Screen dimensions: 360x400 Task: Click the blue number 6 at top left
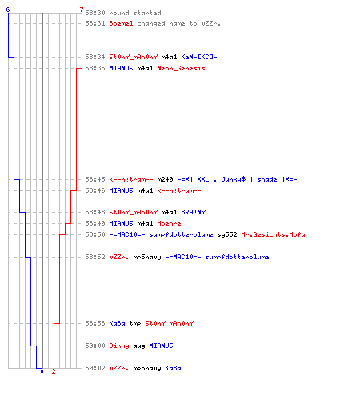pyautogui.click(x=8, y=10)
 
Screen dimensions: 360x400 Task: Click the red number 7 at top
pyautogui.click(x=82, y=10)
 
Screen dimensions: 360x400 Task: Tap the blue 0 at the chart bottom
pyautogui.click(x=42, y=371)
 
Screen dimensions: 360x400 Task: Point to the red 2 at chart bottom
pyautogui.click(x=54, y=371)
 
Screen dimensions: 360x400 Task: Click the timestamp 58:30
pyautogui.click(x=95, y=13)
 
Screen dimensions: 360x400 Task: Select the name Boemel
pyautogui.click(x=121, y=23)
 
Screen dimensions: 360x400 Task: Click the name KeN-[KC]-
pyautogui.click(x=199, y=57)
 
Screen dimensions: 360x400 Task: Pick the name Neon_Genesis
pyautogui.click(x=181, y=68)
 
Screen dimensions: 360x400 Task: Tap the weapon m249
pyautogui.click(x=165, y=179)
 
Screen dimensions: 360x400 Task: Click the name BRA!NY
pyautogui.click(x=194, y=212)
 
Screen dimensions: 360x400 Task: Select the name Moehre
pyautogui.click(x=169, y=223)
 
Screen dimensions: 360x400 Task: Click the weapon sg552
pyautogui.click(x=227, y=234)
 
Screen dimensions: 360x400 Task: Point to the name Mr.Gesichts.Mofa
pyautogui.click(x=273, y=234)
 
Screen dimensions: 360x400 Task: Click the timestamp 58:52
pyautogui.click(x=95, y=257)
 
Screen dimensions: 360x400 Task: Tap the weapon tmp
pyautogui.click(x=135, y=323)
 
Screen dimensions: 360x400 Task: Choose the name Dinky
pyautogui.click(x=119, y=346)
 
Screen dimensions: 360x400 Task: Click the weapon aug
pyautogui.click(x=139, y=346)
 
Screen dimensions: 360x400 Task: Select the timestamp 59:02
pyautogui.click(x=95, y=368)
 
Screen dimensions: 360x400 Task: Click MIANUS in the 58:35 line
pyautogui.click(x=121, y=68)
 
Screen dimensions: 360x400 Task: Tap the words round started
pyautogui.click(x=135, y=13)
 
